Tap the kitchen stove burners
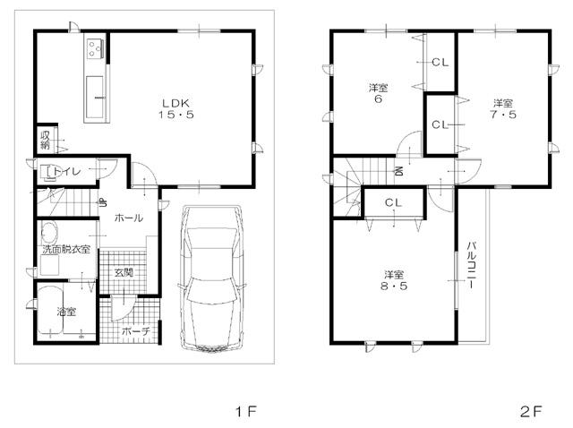[x=96, y=48]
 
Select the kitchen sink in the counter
[x=95, y=89]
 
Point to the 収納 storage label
[x=43, y=140]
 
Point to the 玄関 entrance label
[x=123, y=272]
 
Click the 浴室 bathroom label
[x=65, y=312]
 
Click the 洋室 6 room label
[x=378, y=93]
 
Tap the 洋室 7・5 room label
[x=501, y=107]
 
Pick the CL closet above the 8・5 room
[x=394, y=203]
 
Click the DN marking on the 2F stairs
[x=398, y=172]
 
